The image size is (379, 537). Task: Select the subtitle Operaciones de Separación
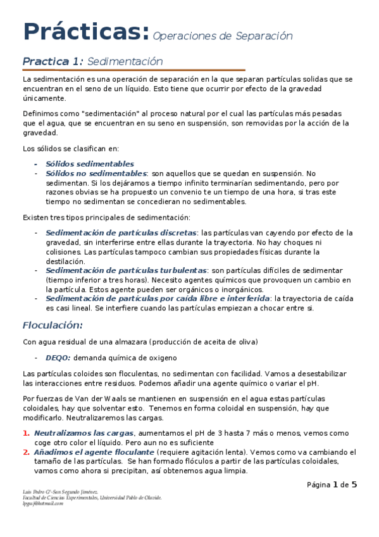(x=223, y=36)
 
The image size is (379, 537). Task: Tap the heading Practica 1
(x=53, y=61)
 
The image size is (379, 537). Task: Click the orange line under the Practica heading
(x=134, y=70)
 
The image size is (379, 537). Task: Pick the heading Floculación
(x=53, y=325)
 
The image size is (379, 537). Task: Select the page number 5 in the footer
(x=354, y=485)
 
